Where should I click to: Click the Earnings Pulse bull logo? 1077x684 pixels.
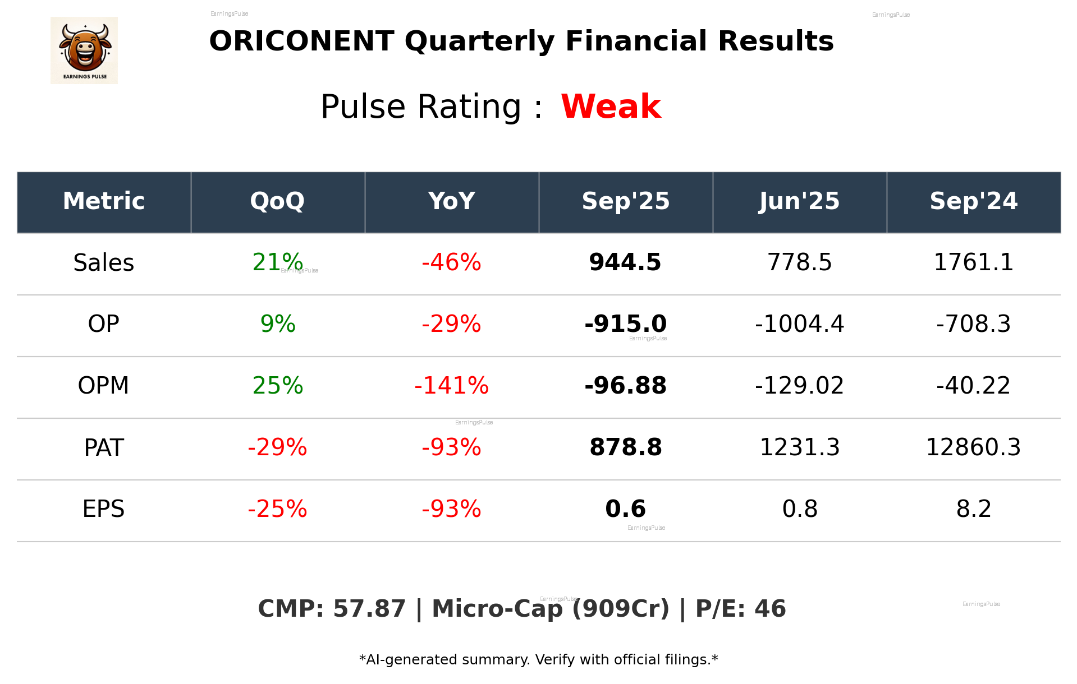coord(84,50)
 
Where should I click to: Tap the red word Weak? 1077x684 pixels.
coord(611,107)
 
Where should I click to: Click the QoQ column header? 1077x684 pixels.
coord(277,201)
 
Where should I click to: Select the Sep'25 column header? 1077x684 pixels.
coord(625,201)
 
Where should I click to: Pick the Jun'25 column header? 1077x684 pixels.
coord(799,201)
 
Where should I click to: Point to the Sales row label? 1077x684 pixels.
coord(104,263)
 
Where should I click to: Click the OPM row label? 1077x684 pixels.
coord(104,386)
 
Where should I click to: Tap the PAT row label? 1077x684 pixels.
coord(104,447)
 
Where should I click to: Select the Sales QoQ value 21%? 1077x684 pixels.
coord(277,262)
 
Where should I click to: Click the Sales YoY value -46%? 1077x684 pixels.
coord(451,262)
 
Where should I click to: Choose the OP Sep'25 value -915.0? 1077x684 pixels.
coord(625,324)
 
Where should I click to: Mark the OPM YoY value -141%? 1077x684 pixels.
coord(451,386)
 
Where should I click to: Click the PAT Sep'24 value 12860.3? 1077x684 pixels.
coord(973,447)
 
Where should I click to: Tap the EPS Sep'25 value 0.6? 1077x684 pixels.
coord(625,509)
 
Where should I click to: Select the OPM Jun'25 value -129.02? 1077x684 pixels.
coord(799,386)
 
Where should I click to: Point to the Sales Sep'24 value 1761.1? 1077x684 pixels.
coord(973,262)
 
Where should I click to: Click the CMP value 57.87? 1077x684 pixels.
coord(369,609)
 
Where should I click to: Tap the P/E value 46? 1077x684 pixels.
coord(770,609)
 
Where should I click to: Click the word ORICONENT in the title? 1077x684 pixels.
coord(301,41)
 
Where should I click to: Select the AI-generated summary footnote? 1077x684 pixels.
coord(538,660)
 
